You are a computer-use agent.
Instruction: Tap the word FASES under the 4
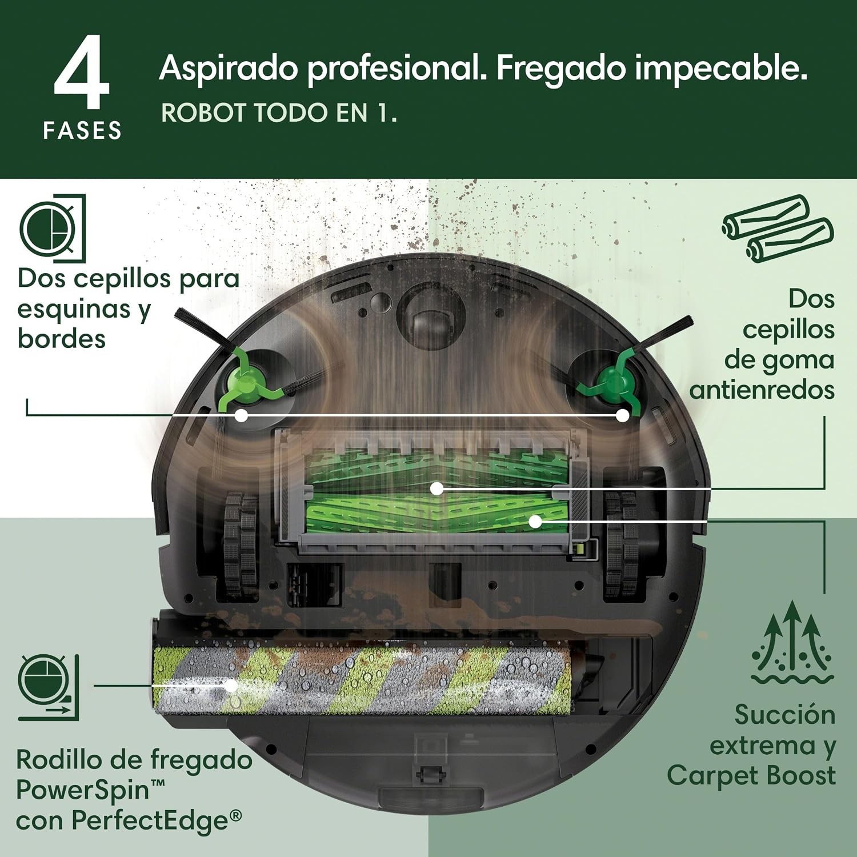(x=82, y=131)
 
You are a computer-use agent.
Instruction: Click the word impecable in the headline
(x=721, y=68)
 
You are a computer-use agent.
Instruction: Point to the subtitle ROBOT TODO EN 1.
(x=279, y=113)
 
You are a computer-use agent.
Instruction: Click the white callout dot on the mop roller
(x=231, y=685)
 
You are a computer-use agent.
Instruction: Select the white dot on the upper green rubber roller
(x=437, y=488)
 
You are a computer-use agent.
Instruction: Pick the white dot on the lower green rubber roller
(x=535, y=520)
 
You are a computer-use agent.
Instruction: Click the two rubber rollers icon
(x=778, y=229)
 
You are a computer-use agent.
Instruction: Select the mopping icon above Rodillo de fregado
(x=49, y=688)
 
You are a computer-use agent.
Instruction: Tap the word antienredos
(x=762, y=390)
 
